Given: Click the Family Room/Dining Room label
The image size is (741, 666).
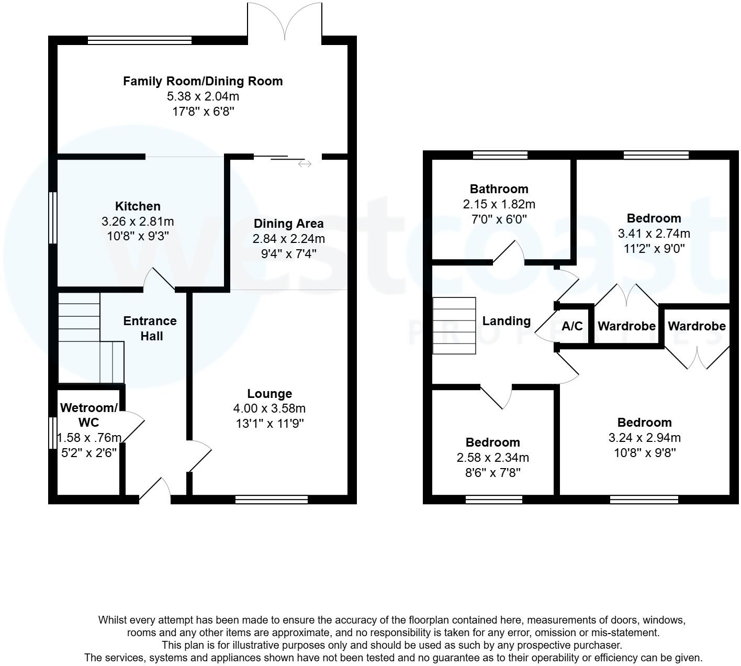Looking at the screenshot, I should click(x=203, y=81).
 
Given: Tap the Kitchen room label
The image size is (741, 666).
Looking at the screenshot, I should click(x=138, y=206).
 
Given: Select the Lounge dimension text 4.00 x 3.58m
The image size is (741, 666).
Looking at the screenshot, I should click(x=270, y=408).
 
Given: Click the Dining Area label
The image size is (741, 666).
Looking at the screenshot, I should click(x=288, y=224).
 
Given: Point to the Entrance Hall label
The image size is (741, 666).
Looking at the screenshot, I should click(x=150, y=328).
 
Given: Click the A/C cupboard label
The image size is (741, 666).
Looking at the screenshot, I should click(x=572, y=326).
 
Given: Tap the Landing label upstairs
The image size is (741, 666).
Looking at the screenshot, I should click(x=506, y=321).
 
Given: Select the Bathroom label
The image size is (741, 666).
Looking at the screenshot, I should click(x=499, y=189).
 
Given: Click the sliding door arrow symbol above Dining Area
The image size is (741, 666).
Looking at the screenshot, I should click(x=305, y=164).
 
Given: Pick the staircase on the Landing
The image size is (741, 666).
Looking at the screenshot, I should click(x=454, y=326).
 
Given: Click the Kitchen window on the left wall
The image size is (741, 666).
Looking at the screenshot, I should click(x=52, y=218).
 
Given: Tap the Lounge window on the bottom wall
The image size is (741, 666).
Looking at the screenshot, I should click(x=272, y=500).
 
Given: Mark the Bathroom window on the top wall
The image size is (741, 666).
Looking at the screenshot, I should click(x=500, y=155).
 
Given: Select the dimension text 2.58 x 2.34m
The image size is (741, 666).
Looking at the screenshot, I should click(x=492, y=458).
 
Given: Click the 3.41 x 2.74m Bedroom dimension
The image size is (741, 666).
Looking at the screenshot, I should click(x=654, y=234).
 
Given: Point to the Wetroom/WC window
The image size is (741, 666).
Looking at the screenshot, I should click(x=52, y=432).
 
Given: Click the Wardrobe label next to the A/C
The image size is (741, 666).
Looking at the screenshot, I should click(x=626, y=326).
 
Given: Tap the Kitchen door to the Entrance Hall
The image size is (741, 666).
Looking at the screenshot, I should click(x=160, y=280).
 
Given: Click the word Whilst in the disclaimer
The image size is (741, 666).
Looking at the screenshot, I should click(x=113, y=620).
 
